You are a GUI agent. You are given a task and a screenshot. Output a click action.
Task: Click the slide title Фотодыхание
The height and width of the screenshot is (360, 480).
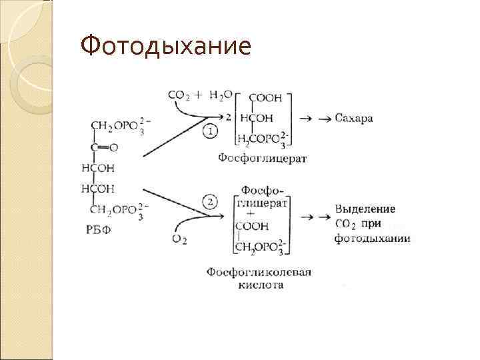pyautogui.click(x=165, y=47)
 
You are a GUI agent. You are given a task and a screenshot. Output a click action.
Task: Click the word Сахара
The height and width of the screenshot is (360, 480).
pyautogui.click(x=354, y=118)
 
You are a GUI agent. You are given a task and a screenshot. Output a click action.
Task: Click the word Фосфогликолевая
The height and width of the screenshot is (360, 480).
pyautogui.click(x=259, y=273)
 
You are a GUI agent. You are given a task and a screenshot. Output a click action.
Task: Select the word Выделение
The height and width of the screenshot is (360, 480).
pyautogui.click(x=365, y=209)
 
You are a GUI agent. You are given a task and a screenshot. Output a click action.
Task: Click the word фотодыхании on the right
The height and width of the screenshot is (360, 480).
pyautogui.click(x=372, y=238)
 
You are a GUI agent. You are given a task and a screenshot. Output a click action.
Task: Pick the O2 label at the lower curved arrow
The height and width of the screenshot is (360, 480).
pyautogui.click(x=178, y=239)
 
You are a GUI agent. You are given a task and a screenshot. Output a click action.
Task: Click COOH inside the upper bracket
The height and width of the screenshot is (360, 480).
pyautogui.click(x=266, y=98)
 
